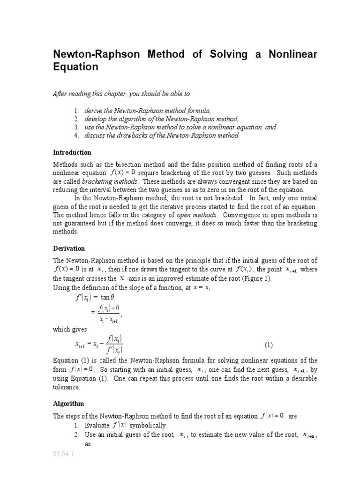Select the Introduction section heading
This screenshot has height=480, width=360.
coord(72,152)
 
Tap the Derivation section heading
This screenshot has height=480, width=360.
coord(69,248)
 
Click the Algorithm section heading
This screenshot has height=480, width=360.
coord(68,403)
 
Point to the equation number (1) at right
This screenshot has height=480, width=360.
coord(268,345)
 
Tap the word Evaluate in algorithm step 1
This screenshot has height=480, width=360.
coord(96,425)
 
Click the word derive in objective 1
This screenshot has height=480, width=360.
coord(93,110)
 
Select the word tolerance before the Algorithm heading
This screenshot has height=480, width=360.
coord(67,388)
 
